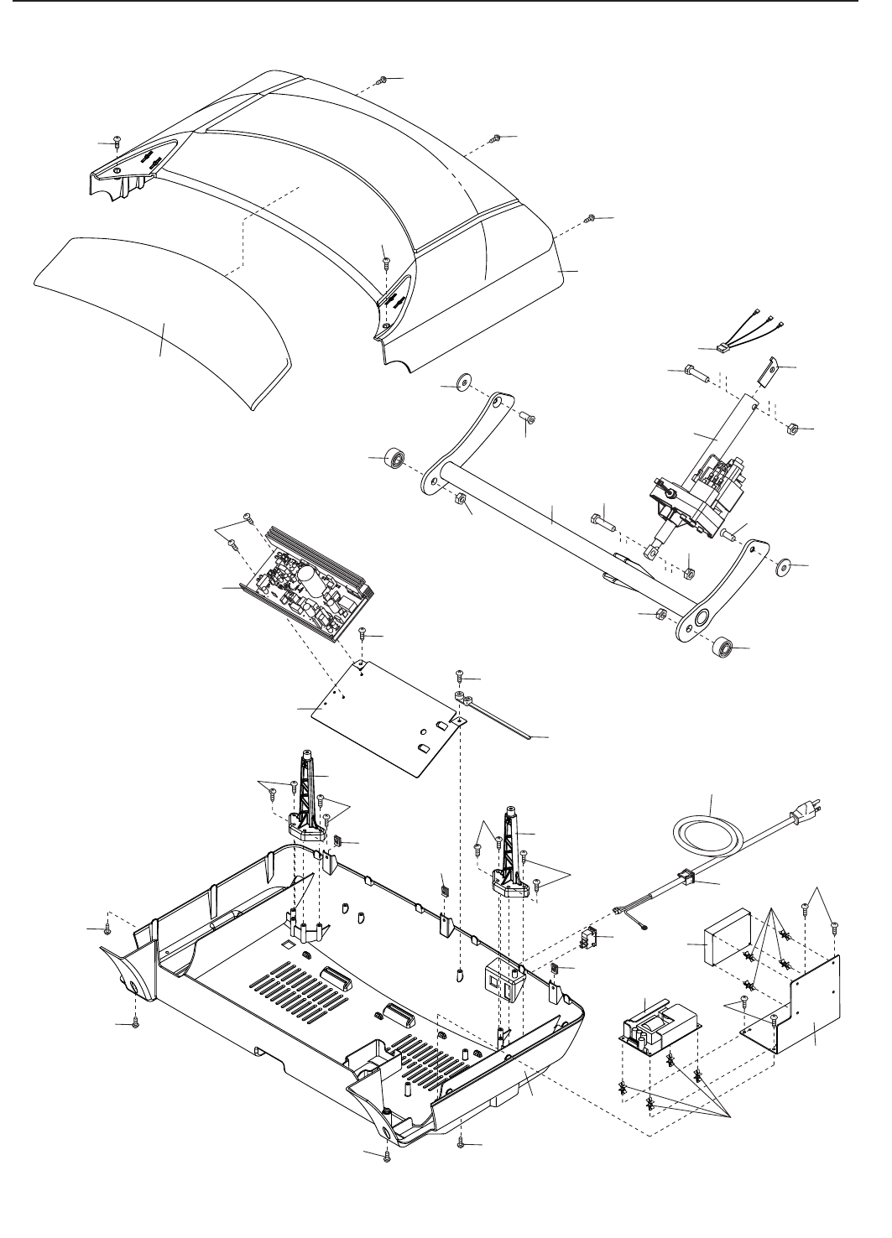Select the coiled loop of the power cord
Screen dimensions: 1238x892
pos(707,835)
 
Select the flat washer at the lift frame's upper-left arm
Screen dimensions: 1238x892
pos(462,385)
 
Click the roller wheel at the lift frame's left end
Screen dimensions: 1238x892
pos(394,460)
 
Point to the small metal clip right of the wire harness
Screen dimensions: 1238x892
pos(770,370)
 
